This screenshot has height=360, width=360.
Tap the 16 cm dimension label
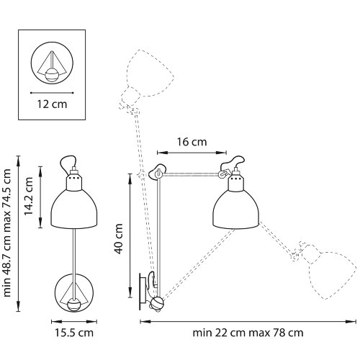click(192, 143)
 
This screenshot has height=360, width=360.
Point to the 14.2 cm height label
click(30, 190)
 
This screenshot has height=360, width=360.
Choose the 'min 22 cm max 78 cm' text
click(248, 333)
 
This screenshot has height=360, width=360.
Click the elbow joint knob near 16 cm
click(159, 172)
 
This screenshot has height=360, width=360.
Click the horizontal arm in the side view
click(191, 172)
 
